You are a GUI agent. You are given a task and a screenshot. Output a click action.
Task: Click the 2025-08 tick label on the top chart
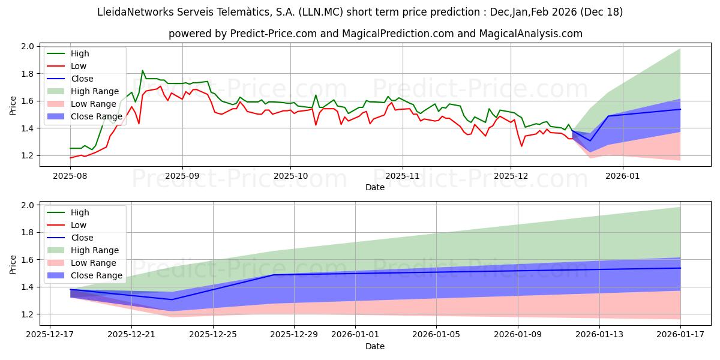pos(70,176)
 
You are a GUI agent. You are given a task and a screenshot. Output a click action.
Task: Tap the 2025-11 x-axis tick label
pos(402,176)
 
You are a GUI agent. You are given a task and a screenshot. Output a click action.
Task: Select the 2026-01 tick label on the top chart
pos(622,176)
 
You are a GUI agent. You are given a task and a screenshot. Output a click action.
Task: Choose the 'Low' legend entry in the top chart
pos(79,66)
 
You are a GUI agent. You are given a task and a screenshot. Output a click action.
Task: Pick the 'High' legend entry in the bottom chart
pos(80,212)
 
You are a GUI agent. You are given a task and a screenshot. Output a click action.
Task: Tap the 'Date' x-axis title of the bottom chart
pos(375,346)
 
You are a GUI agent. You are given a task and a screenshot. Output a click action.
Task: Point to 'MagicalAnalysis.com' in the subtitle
pos(531,34)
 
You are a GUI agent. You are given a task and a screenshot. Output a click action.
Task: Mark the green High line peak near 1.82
pos(142,71)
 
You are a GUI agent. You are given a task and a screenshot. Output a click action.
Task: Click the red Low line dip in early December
pos(521,146)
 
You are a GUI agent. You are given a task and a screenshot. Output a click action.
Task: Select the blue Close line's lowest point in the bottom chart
pos(172,299)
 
